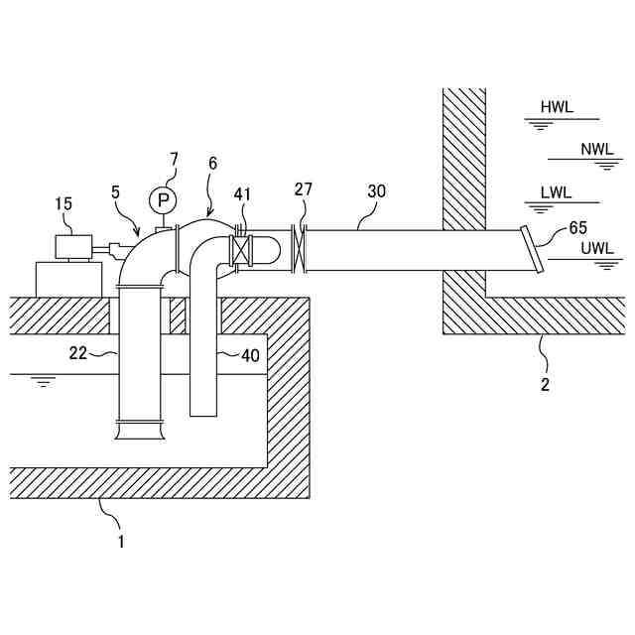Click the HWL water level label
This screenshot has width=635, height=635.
(x=557, y=107)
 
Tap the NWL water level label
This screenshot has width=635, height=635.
(x=597, y=150)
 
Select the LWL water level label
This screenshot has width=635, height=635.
(x=557, y=193)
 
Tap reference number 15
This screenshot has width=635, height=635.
(x=63, y=203)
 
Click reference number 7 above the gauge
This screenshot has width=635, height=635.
(x=175, y=159)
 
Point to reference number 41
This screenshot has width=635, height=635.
(x=244, y=194)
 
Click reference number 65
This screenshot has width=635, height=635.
(x=578, y=228)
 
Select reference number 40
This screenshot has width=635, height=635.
(x=250, y=354)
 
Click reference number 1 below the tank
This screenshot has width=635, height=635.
(x=121, y=542)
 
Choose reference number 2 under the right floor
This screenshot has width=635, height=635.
(x=545, y=383)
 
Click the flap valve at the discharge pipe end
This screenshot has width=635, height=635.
(x=531, y=249)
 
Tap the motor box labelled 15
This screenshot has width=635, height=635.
(x=72, y=246)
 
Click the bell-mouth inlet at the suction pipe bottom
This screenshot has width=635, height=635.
(x=139, y=431)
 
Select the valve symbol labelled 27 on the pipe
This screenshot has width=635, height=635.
(x=300, y=248)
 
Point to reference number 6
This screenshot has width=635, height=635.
(x=212, y=163)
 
